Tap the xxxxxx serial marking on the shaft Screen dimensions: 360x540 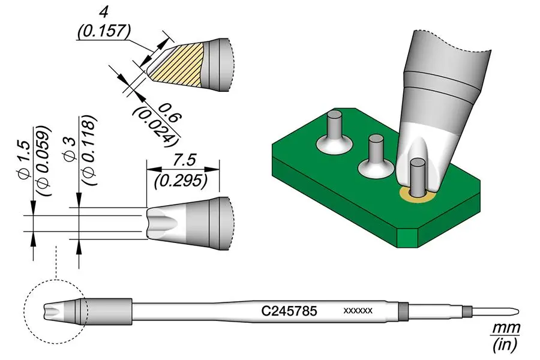pos(358,311)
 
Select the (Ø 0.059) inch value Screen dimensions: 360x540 pos(44,162)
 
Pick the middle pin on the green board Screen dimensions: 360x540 pos(376,152)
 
